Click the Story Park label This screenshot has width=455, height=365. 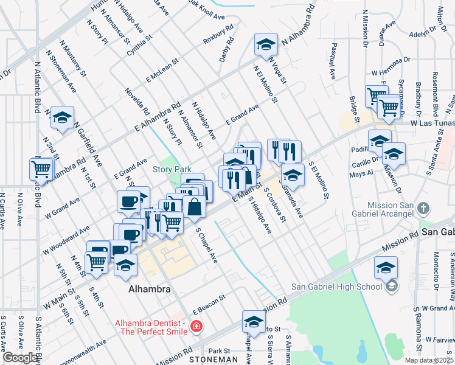pyautogui.click(x=172, y=169)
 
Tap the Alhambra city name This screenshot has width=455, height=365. pyautogui.click(x=150, y=290)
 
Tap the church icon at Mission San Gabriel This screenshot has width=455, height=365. pyautogui.click(x=424, y=209)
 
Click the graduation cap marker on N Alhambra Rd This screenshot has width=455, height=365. pyautogui.click(x=265, y=46)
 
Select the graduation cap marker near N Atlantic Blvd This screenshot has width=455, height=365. pyautogui.click(x=62, y=117)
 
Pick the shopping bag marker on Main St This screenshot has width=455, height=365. pyautogui.click(x=194, y=207)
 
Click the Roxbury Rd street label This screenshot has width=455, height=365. pyautogui.click(x=218, y=34)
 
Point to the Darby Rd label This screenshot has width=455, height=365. pyautogui.click(x=227, y=51)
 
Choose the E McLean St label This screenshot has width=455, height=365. pyautogui.click(x=161, y=71)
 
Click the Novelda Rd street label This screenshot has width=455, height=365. pyautogui.click(x=137, y=102)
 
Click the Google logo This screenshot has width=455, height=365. pyautogui.click(x=20, y=358)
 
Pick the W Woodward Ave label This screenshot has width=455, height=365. pyautogui.click(x=66, y=241)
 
